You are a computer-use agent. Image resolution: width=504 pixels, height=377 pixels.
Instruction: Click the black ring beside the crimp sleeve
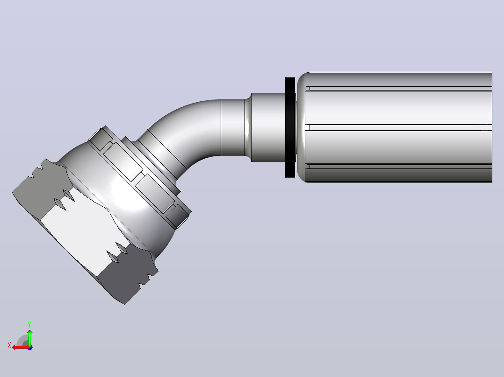(x=290, y=127)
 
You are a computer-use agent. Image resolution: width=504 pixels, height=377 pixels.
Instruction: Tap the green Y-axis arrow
(x=29, y=337)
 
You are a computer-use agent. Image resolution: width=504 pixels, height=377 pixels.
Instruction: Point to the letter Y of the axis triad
(x=29, y=324)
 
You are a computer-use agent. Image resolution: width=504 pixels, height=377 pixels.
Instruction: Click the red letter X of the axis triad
(x=9, y=345)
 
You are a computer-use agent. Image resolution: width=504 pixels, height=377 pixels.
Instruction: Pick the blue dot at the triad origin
(x=30, y=348)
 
